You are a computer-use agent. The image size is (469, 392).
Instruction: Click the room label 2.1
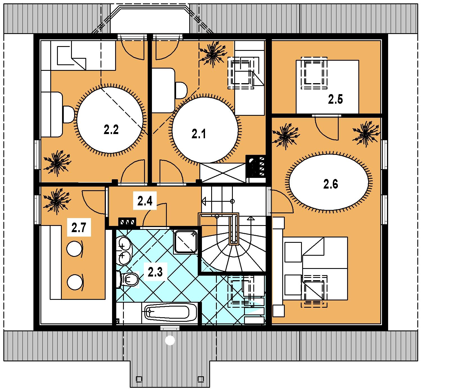(x=199, y=134)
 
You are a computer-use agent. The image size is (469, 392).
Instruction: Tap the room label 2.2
(x=111, y=130)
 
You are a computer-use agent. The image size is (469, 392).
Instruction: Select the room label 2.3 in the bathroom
(x=155, y=272)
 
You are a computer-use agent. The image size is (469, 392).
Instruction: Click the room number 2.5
(x=336, y=99)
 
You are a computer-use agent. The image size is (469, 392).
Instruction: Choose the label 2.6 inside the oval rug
(x=331, y=184)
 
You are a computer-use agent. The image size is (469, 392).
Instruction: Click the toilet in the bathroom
(x=129, y=279)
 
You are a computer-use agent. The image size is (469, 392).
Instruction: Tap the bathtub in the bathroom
(x=167, y=312)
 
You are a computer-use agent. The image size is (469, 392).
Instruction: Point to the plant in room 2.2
(x=57, y=163)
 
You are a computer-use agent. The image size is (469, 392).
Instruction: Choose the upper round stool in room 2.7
(x=74, y=248)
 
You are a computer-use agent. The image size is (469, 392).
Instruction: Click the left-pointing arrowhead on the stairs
(x=204, y=201)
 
